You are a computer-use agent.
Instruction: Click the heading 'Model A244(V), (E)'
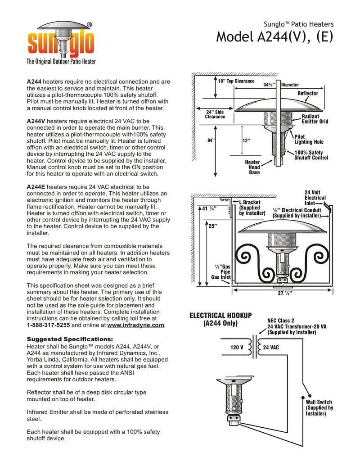pyautogui.click(x=274, y=36)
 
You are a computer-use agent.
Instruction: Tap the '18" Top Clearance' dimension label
pyautogui.click(x=236, y=81)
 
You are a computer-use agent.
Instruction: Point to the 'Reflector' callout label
pyautogui.click(x=308, y=93)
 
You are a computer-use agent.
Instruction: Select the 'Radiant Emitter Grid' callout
pyautogui.click(x=315, y=119)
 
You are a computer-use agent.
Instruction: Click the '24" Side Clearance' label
pyautogui.click(x=215, y=114)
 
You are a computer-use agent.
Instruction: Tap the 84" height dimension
pyautogui.click(x=211, y=140)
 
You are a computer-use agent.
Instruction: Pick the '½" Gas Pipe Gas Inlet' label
pyautogui.click(x=221, y=272)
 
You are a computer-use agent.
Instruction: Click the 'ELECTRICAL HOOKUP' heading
pyautogui.click(x=220, y=319)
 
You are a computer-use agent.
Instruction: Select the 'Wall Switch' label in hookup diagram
pyautogui.click(x=319, y=408)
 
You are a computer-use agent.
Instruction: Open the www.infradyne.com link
pyautogui.click(x=136, y=325)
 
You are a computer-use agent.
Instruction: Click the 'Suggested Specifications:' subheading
pyautogui.click(x=70, y=339)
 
